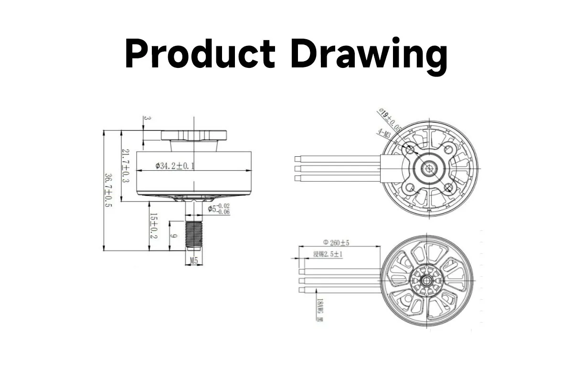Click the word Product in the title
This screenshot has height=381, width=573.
click(x=200, y=54)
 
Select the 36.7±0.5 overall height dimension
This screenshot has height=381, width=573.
click(x=109, y=190)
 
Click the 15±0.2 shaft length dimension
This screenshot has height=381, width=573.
click(x=153, y=227)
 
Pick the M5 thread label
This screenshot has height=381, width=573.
click(x=193, y=261)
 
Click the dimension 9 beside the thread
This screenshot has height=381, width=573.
click(x=175, y=236)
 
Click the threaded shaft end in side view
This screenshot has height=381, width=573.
click(x=194, y=235)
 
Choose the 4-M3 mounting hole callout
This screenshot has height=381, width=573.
click(x=385, y=134)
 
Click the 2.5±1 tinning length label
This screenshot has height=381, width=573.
click(x=328, y=254)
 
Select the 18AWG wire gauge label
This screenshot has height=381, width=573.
click(x=319, y=310)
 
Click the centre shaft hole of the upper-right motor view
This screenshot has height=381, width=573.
click(x=429, y=168)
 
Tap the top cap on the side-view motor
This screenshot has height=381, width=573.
click(x=194, y=135)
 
